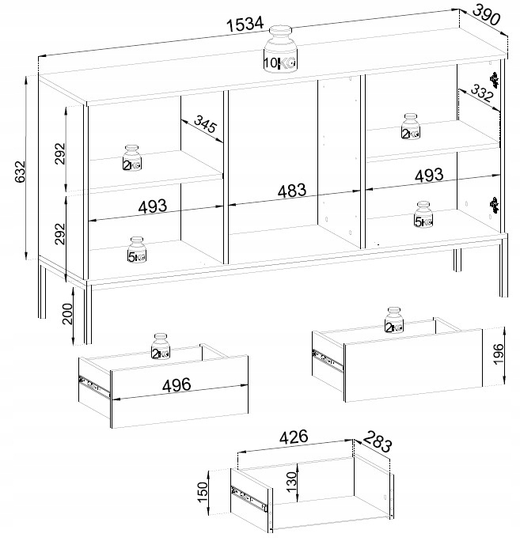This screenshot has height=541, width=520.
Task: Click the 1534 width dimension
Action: pos(245,25)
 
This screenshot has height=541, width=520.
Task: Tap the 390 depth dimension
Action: pos(486,15)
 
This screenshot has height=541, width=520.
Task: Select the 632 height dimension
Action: pos(21,172)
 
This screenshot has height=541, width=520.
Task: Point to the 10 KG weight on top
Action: pos(280,49)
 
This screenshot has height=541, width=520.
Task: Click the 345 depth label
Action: pos(205,123)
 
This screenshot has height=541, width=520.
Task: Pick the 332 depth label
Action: pos(481,93)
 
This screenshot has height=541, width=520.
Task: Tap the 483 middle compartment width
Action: pos(292,191)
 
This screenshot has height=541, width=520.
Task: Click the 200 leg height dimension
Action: pos(67,314)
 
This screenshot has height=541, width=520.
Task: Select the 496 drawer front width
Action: pos(176,385)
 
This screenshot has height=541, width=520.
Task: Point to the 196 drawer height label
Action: pos(499,354)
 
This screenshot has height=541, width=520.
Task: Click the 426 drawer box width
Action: pos(294,437)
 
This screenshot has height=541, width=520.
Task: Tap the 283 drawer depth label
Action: pos(378,441)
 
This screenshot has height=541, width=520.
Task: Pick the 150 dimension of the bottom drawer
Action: pos(203,492)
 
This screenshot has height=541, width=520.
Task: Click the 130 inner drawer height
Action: pos(292,482)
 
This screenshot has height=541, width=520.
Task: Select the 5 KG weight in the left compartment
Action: pos(137,249)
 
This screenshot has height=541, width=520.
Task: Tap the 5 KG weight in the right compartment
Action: pos(423,214)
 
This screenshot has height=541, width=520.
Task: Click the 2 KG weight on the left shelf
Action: pos(132,158)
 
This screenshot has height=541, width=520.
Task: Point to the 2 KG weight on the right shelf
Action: pos(411,127)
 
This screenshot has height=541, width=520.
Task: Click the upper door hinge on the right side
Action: pos(495,80)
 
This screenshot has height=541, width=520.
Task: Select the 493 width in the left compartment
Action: pos(152,206)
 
